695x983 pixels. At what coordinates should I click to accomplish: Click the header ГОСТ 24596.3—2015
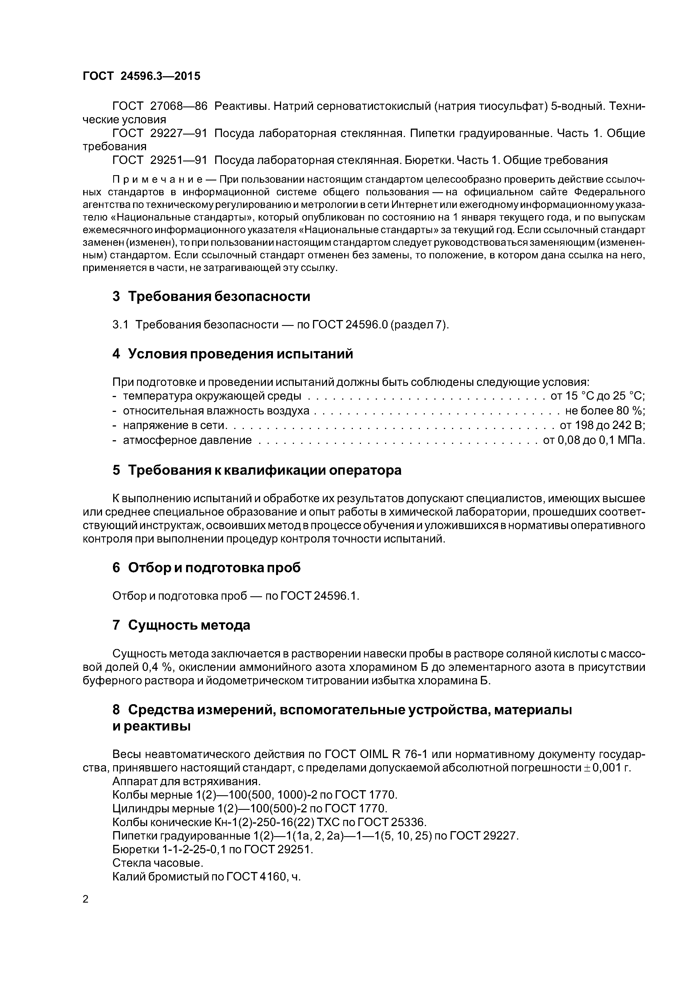click(x=141, y=76)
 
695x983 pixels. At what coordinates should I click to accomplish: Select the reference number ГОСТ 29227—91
click(x=159, y=133)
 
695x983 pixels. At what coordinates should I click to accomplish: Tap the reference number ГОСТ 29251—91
click(x=159, y=160)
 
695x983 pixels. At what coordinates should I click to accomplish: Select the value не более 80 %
click(x=605, y=411)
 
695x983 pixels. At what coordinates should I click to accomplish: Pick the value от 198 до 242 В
click(x=602, y=425)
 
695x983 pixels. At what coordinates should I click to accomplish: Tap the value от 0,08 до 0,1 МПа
click(x=594, y=440)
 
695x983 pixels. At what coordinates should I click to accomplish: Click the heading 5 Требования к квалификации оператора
click(x=257, y=470)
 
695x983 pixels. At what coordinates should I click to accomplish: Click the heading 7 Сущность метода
click(x=181, y=625)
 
